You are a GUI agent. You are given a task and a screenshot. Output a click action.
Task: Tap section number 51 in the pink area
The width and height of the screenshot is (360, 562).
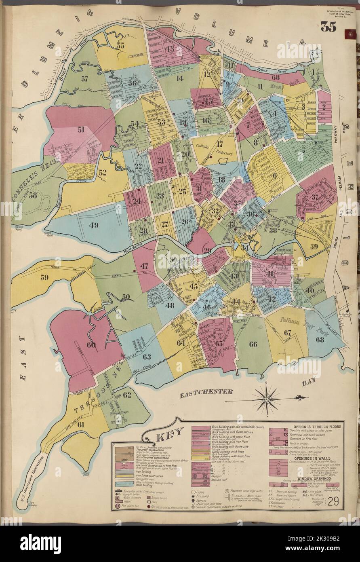tap(81, 129)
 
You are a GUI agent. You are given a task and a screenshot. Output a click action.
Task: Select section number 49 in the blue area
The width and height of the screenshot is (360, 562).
tap(94, 225)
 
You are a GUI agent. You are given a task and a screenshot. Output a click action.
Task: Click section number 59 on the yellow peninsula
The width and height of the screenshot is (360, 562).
tap(44, 277)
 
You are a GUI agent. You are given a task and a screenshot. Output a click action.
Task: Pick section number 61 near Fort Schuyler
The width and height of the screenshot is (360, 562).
tap(81, 424)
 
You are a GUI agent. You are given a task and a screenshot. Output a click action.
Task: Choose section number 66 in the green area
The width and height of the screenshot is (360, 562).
tap(253, 344)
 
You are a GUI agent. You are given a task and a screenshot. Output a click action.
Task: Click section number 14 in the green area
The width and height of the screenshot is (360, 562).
tap(179, 78)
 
